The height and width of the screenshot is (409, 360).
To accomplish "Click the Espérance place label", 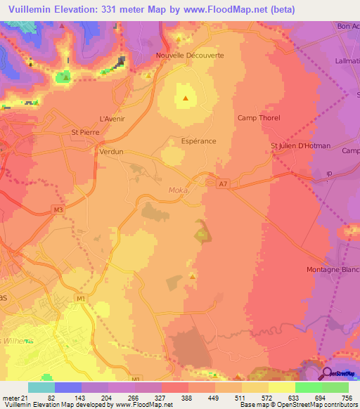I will tap(198, 141).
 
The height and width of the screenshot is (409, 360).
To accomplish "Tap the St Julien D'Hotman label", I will tap(300, 146).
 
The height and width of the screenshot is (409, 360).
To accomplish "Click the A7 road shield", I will tap(223, 184).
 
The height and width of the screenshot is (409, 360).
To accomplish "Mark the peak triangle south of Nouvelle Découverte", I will tap(186, 98).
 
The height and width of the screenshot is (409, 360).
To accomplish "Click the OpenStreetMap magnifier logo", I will tap(328, 373).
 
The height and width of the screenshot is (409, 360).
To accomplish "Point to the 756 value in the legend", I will tap(347, 398).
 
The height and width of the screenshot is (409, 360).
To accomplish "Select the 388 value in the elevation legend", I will tap(167, 398).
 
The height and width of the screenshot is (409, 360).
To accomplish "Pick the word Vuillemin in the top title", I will tap(32, 9).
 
